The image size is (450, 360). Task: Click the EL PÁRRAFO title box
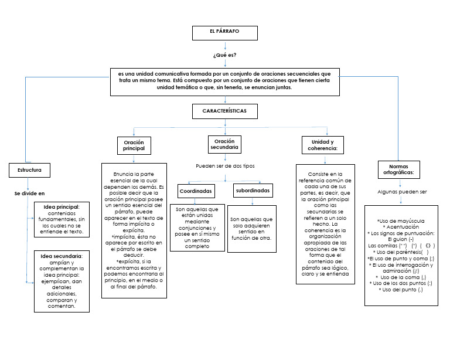224,33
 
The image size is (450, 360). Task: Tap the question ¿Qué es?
225,55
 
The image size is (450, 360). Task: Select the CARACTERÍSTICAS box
224,111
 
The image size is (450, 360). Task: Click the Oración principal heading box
134,146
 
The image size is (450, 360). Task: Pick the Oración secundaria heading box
224,144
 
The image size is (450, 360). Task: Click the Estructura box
29,170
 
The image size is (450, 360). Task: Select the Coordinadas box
196,191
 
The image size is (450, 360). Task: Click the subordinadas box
253,191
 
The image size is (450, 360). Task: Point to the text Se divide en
29,193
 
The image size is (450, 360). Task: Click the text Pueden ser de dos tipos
225,166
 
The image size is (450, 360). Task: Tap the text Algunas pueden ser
402,192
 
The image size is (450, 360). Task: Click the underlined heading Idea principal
62,206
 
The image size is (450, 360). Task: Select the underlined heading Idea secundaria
62,256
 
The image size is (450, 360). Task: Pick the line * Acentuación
401,226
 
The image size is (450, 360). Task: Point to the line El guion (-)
401,239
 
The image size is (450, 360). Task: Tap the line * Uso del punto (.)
401,290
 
